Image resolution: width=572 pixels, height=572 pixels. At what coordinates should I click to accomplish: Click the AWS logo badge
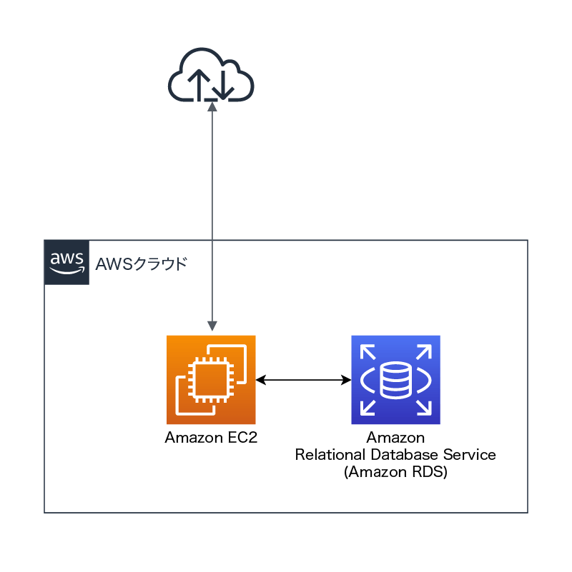click(66, 262)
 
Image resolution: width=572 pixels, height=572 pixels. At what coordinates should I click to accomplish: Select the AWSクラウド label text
click(142, 264)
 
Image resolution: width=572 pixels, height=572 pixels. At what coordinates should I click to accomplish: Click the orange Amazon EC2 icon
click(211, 380)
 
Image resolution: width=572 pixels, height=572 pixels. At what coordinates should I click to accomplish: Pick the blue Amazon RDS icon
click(395, 380)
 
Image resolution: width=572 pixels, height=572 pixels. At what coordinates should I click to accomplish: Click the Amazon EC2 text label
click(211, 438)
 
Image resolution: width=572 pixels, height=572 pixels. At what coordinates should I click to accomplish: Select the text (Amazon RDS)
click(395, 472)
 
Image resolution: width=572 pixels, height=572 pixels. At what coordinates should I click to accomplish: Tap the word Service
click(473, 455)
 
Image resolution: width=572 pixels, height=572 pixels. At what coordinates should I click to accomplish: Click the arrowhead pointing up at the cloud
click(212, 106)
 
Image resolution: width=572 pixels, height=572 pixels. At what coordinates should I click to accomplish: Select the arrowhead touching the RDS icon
click(345, 380)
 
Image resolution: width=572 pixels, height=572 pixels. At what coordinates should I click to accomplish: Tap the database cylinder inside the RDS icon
click(395, 380)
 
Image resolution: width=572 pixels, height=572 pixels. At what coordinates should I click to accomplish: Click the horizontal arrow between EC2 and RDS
click(303, 380)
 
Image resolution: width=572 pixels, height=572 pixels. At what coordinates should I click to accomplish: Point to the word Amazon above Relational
click(395, 438)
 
